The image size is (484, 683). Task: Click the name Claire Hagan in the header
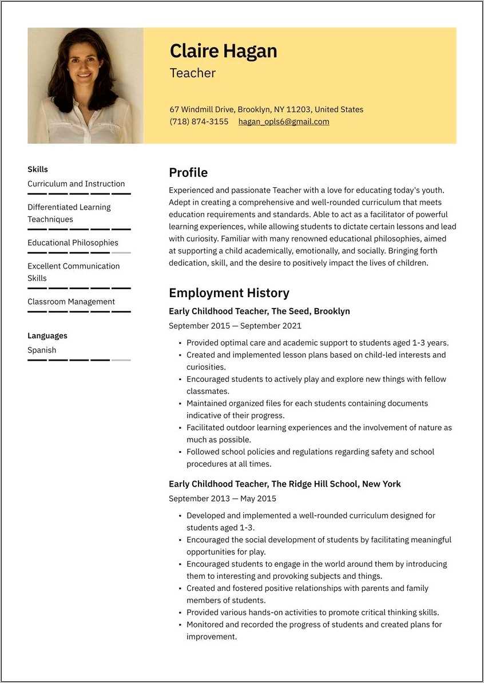[x=223, y=52]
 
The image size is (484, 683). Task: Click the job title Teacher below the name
[x=193, y=73]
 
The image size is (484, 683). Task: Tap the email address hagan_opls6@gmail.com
[x=284, y=121]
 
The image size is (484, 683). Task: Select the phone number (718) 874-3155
[x=199, y=121]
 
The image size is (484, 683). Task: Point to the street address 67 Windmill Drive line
[x=266, y=109]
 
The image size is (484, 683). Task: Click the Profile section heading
[x=188, y=173]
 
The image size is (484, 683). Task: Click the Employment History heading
[x=229, y=293]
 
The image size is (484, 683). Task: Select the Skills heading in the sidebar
[x=38, y=169]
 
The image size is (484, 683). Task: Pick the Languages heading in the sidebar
[x=47, y=336]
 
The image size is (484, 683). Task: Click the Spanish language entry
[x=42, y=350]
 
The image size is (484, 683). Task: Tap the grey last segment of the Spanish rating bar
[x=121, y=360]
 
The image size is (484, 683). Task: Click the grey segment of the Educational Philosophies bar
[x=121, y=252]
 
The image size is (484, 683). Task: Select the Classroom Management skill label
[x=71, y=302]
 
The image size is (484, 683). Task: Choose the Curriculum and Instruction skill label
[x=76, y=184]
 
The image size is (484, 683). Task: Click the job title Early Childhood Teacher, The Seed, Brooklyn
[x=259, y=311]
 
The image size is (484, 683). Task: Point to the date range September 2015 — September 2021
[x=235, y=326]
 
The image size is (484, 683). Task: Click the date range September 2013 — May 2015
[x=222, y=499]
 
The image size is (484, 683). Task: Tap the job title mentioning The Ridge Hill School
[x=284, y=484]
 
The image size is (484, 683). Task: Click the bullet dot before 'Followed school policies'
[x=180, y=452]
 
